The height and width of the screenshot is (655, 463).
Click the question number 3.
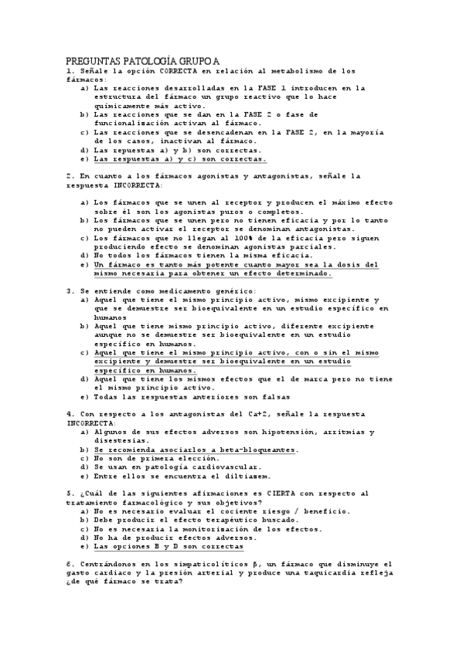(x=70, y=290)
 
